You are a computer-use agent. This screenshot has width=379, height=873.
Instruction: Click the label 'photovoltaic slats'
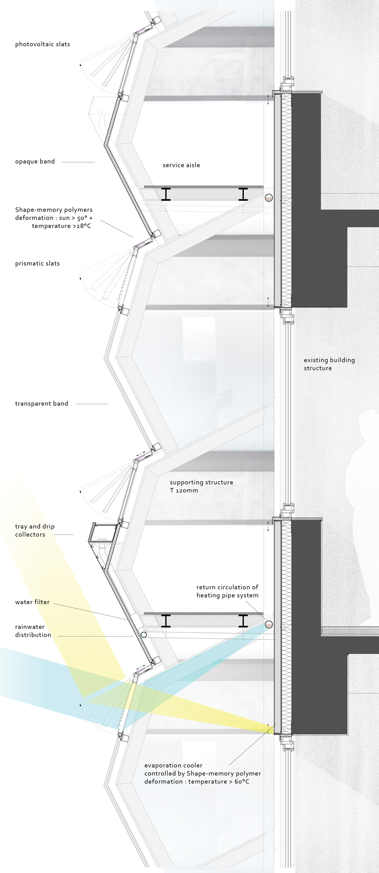(42, 44)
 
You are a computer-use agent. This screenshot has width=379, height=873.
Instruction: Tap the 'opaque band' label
(35, 161)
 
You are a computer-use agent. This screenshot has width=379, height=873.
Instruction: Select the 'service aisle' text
(181, 165)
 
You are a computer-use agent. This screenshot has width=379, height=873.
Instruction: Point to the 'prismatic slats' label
(37, 263)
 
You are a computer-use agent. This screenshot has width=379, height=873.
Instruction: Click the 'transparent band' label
(41, 403)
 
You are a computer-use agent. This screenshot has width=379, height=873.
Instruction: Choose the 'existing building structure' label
(329, 364)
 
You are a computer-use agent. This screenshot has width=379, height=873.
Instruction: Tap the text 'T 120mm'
(184, 490)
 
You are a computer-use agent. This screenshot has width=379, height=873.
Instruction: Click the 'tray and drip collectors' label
(35, 530)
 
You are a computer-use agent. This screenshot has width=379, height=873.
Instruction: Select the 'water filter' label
(32, 602)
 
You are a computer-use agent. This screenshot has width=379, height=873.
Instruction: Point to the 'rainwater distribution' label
(33, 631)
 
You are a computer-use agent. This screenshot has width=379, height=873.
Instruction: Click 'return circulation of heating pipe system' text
(227, 591)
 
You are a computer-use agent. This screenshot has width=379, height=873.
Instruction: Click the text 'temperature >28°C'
(61, 226)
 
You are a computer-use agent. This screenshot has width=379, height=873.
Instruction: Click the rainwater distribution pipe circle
(144, 634)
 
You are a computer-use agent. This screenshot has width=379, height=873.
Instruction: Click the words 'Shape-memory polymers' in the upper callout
(54, 210)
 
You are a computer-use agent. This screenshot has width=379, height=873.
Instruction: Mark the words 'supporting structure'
(202, 482)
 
